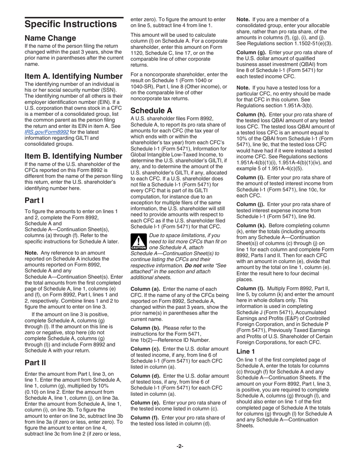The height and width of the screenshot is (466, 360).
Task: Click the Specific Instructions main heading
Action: tap(70, 24)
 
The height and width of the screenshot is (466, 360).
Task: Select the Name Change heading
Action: tap(50, 38)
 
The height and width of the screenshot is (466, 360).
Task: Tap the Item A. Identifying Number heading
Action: tap(73, 76)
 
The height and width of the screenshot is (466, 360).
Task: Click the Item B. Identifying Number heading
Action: tap(73, 156)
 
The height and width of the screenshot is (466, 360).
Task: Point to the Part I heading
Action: tap(34, 200)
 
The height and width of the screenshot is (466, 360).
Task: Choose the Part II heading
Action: tap(35, 363)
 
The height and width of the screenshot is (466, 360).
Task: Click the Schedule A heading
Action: tap(151, 111)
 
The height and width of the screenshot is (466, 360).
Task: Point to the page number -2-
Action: tap(180, 446)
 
